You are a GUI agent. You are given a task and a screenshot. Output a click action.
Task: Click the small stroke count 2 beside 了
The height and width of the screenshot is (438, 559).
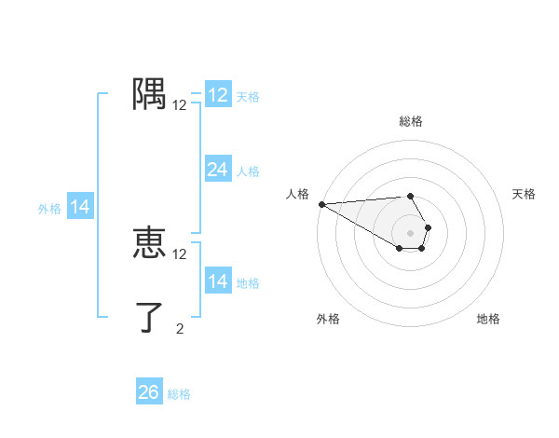point(180,328)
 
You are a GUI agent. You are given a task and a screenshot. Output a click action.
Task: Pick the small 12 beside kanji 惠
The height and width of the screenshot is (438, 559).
point(180,253)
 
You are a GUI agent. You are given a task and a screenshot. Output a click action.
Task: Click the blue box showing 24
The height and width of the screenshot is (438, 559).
point(217,170)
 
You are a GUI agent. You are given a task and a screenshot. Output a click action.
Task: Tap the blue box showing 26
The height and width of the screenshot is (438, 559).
point(148,392)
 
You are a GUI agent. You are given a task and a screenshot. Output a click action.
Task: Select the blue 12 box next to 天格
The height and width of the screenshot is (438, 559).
point(217,95)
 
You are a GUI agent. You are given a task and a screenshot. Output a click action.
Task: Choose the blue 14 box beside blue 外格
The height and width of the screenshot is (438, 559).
point(80,207)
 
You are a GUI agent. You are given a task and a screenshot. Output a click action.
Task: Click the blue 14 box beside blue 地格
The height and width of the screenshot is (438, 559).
point(217,281)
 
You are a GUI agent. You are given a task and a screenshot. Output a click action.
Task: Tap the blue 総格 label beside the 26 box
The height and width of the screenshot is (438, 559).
point(179,394)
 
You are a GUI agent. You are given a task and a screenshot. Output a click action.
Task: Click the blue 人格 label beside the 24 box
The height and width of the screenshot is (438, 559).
point(248,171)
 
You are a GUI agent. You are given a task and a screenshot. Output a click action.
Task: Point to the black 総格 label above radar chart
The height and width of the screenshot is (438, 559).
point(410,121)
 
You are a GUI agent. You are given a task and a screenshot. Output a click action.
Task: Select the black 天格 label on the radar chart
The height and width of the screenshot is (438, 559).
point(524,194)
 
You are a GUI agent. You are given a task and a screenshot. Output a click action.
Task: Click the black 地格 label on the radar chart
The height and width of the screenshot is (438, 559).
point(488,319)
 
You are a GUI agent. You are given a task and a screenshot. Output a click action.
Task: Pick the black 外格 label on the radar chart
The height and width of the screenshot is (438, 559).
point(328,319)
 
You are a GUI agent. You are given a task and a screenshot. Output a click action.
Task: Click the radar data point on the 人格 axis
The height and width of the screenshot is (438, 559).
point(321,204)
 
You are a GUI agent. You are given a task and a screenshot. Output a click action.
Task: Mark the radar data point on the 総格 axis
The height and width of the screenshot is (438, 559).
point(410,196)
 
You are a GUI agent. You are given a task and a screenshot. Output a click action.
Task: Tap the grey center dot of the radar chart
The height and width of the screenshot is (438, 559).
point(410,233)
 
